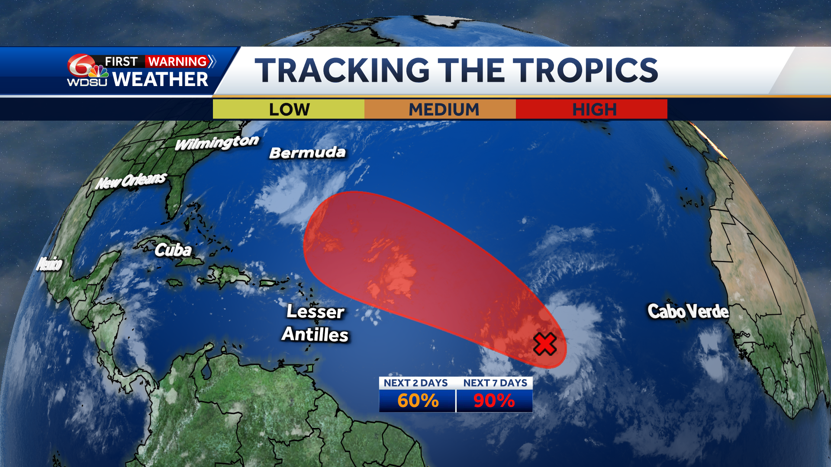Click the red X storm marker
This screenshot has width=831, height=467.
(x=544, y=344)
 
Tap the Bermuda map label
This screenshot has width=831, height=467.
(x=307, y=153)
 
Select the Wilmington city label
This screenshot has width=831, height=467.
(x=217, y=142)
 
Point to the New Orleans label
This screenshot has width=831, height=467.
(x=131, y=181)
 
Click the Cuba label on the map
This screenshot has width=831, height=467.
(x=173, y=250)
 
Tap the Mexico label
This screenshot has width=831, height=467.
(x=49, y=263)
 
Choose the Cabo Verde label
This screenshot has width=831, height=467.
(x=688, y=311)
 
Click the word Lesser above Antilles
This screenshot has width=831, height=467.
(x=315, y=311)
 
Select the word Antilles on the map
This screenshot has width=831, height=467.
(x=315, y=334)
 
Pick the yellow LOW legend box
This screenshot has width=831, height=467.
(x=289, y=109)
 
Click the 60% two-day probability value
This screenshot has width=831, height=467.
(x=418, y=400)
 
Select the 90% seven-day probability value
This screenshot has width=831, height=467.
(x=494, y=400)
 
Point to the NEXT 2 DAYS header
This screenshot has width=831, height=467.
(x=415, y=383)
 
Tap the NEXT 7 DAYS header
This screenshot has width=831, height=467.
(x=495, y=383)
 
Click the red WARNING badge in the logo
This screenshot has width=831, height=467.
(x=177, y=61)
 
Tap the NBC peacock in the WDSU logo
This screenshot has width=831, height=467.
(x=99, y=71)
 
